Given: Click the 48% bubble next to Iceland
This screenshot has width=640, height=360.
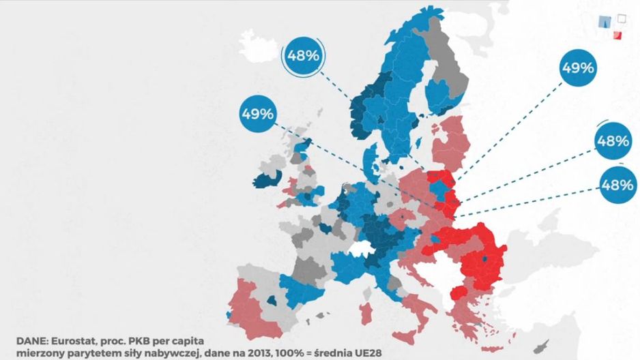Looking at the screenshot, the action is click(303, 56).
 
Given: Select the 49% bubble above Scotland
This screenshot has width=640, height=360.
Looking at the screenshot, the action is click(257, 114).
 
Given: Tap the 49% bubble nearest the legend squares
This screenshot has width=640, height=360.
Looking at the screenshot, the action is click(578, 67).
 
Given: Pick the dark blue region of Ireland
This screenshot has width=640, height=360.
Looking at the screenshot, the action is click(267, 179).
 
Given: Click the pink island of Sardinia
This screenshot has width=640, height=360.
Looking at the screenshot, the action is click(366, 314).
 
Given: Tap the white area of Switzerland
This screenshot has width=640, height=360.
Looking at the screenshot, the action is click(359, 249).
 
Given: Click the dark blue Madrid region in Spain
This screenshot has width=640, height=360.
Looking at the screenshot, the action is click(272, 301).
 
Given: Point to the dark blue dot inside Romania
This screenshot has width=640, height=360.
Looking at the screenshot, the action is click(485, 259).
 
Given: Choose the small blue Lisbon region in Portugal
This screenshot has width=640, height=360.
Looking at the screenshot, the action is click(227, 315).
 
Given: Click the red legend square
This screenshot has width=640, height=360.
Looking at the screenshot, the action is click(617, 35).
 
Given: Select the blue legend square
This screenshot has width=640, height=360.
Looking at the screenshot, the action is click(605, 22).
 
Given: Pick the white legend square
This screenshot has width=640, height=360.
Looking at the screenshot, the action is click(621, 18).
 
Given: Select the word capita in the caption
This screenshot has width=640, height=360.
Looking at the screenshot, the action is click(186, 341).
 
